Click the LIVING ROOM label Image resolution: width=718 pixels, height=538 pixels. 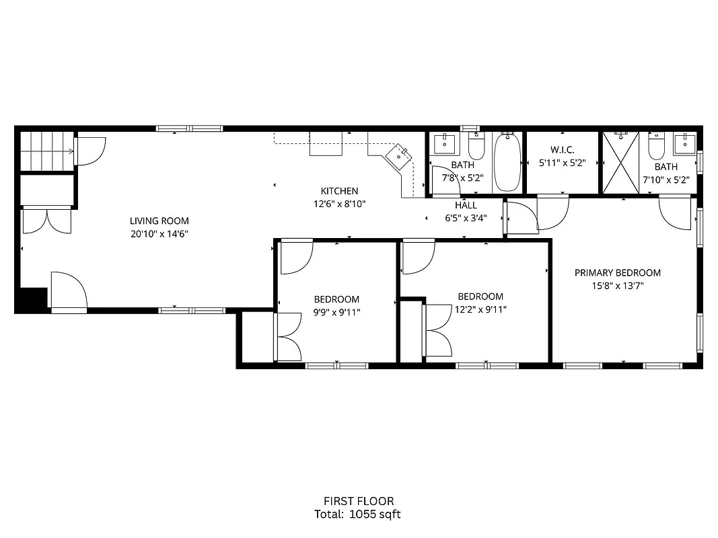coord(159,221)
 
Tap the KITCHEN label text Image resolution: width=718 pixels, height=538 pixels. coord(339,191)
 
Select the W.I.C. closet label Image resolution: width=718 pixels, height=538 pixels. coord(562,149)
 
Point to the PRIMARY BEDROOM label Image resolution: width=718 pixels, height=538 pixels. coord(617,272)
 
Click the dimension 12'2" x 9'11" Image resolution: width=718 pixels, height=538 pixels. coord(480,309)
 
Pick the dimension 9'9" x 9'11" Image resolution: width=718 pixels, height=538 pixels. coord(336,312)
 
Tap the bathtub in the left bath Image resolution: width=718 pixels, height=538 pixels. coord(507,163)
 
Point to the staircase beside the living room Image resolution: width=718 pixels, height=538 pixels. coord(45,152)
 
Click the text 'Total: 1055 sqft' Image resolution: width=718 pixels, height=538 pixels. coord(358,514)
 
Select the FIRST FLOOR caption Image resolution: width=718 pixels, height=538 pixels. coord(359,501)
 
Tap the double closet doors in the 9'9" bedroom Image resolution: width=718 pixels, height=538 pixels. coord(287,338)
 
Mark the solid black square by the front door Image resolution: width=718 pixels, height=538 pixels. coord(34,299)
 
